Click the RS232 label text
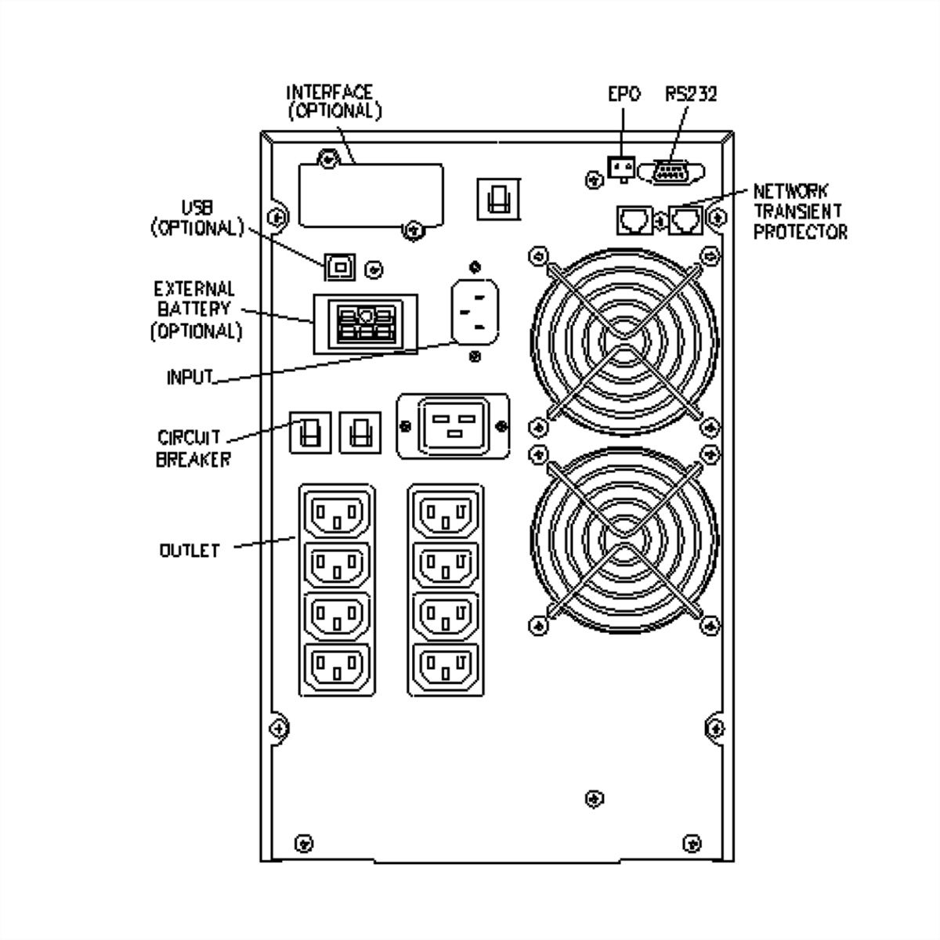pos(691,94)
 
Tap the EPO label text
pos(624,94)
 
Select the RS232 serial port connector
pos(671,172)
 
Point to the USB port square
pos(339,267)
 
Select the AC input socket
pos(474,310)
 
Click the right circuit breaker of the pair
pos(360,432)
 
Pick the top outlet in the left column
pos(337,515)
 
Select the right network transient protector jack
pos(685,220)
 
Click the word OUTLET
pos(189,550)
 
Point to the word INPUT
pos(190,377)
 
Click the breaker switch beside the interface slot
pos(497,197)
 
